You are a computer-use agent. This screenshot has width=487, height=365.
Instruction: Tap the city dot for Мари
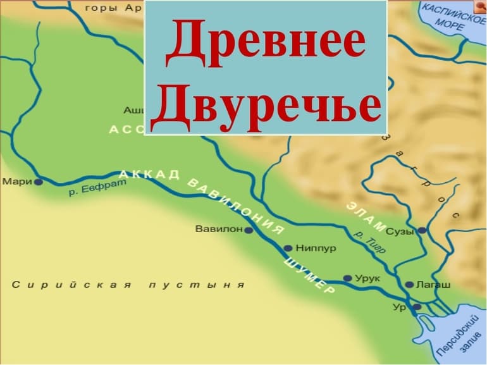39,182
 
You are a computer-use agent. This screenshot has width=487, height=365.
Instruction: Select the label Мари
17,182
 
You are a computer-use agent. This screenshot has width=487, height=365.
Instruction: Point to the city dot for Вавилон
249,230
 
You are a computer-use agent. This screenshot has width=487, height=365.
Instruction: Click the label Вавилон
219,229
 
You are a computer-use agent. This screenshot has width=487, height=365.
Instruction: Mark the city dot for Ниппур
288,248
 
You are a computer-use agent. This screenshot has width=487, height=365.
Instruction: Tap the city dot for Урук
347,278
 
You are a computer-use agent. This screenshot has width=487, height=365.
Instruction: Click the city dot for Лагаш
409,285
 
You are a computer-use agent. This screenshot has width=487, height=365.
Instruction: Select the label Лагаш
433,285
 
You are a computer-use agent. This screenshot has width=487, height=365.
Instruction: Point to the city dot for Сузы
422,230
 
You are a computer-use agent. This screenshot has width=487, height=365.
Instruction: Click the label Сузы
400,231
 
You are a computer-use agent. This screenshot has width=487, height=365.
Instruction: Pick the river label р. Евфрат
98,187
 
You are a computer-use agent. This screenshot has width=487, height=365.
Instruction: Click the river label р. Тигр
369,242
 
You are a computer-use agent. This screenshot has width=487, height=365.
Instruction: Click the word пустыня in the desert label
196,285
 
